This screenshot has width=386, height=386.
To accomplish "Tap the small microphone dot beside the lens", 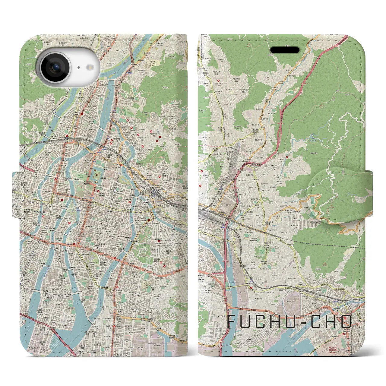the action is click(x=78, y=68).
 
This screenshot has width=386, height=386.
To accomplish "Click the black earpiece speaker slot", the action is click(x=284, y=50).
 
